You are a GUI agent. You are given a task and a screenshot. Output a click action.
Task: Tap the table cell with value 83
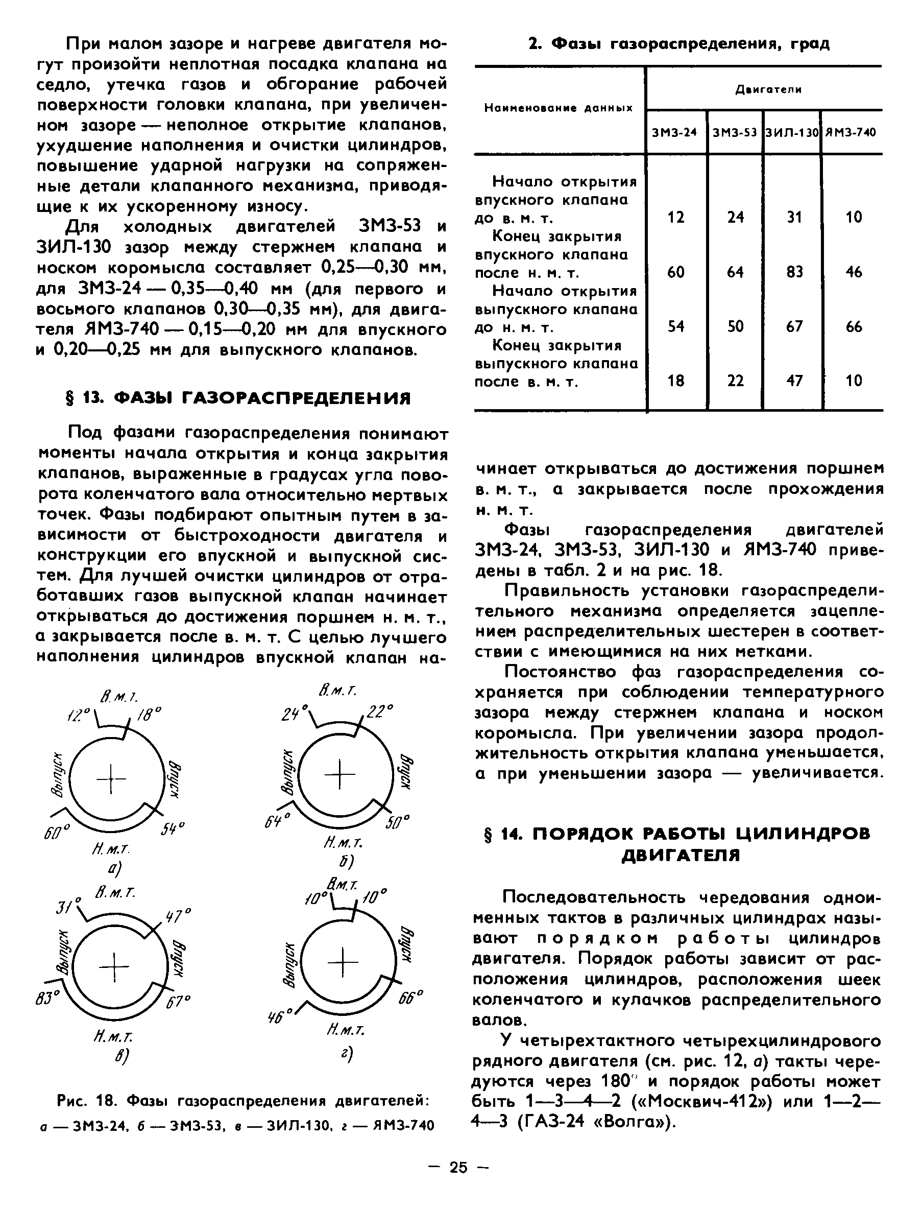[x=794, y=272]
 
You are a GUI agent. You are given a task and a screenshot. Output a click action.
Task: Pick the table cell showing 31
[x=794, y=218]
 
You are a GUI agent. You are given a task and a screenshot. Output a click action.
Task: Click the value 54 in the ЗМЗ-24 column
[x=675, y=327]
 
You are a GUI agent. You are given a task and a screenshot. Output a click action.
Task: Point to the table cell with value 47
[x=794, y=381]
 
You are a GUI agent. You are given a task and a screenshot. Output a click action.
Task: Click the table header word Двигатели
[x=768, y=89]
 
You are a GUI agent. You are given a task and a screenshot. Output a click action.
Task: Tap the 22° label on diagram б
[x=380, y=712]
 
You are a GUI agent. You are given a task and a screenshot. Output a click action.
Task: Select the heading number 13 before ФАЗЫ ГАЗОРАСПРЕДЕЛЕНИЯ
[x=90, y=397]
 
